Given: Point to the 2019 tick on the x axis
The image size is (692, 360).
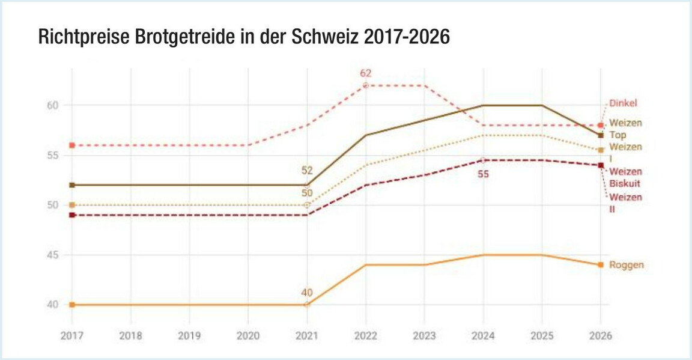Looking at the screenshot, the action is (189, 336).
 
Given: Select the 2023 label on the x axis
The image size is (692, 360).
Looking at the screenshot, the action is (424, 336).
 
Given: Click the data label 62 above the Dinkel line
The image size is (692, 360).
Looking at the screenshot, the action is (366, 73).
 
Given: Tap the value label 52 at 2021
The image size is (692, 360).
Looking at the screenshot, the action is (307, 171).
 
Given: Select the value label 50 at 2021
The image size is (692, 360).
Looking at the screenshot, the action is (307, 193).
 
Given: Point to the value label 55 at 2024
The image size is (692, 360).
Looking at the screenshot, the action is (483, 174).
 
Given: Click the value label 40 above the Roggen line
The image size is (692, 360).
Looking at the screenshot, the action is (307, 293).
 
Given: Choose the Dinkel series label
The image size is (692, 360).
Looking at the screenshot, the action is (623, 103).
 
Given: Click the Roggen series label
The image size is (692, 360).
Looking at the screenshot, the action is (627, 265).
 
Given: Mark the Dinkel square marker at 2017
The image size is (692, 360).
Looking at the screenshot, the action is (72, 145).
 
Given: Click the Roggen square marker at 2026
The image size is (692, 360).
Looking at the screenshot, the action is (601, 265).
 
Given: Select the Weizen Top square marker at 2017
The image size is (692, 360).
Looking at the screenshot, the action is (72, 185).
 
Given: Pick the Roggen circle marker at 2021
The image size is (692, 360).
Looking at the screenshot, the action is (307, 304).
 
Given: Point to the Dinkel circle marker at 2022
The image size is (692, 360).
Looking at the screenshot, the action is (366, 85).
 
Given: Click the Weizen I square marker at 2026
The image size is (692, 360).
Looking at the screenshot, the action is (601, 150).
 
